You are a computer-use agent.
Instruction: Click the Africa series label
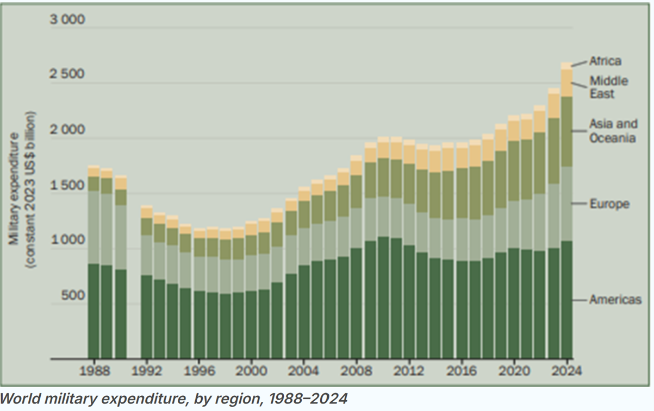tap(605, 61)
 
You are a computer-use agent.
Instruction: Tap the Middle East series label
tap(609, 87)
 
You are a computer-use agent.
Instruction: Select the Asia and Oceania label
tap(613, 131)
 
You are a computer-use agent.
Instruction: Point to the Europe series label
tap(609, 204)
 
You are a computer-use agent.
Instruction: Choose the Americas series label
tap(615, 300)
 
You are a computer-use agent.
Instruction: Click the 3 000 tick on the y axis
tap(67, 21)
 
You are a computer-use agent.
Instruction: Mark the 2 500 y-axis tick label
tap(67, 74)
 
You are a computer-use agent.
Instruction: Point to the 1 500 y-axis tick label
tap(67, 186)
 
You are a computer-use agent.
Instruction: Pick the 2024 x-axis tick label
tap(567, 372)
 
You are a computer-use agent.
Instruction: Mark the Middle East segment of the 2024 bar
tap(567, 83)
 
